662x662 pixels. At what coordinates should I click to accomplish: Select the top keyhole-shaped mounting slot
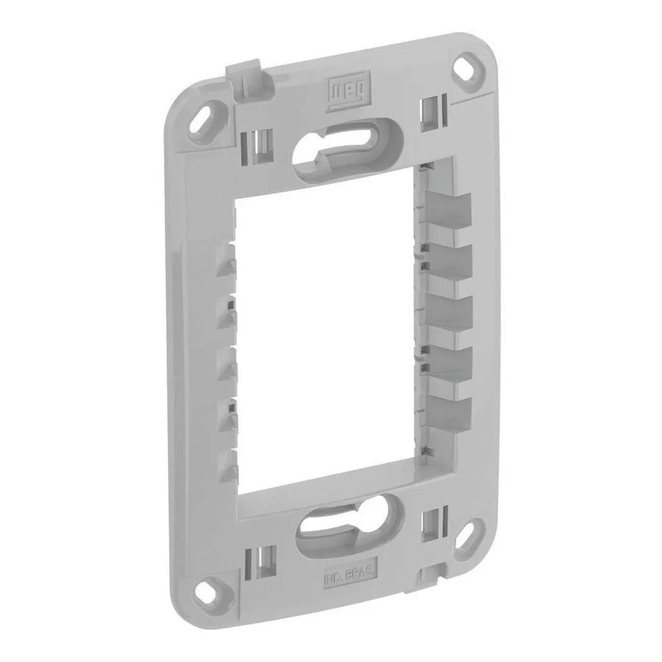pos(344,148)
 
